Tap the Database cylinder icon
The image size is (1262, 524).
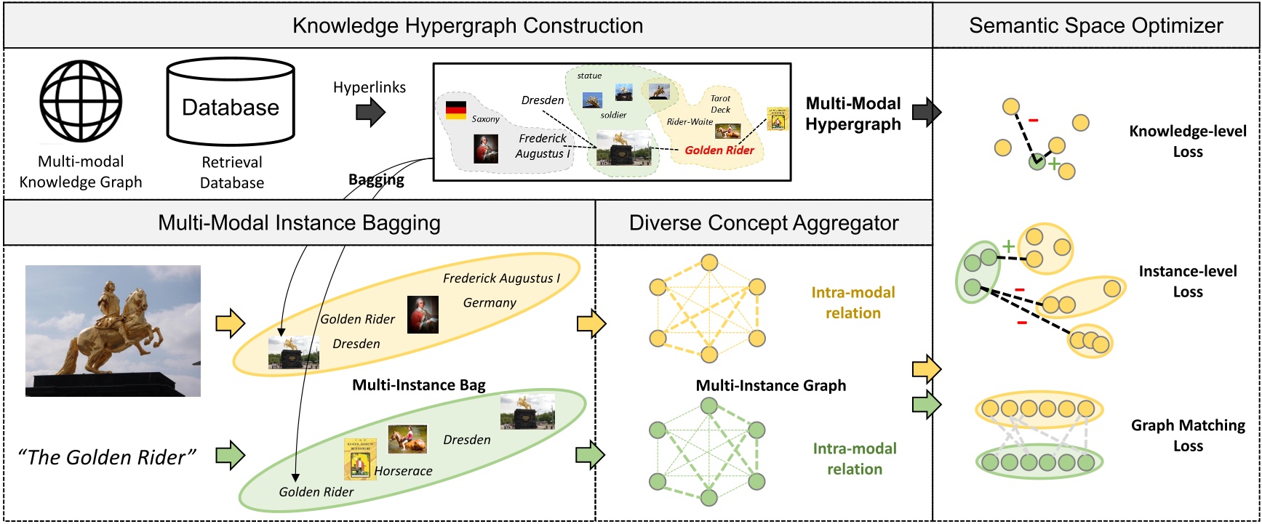[231, 102]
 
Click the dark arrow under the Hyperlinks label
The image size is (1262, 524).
[370, 112]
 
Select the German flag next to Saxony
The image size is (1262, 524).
[456, 110]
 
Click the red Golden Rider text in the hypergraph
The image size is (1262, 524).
[719, 150]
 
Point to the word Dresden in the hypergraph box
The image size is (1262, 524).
[543, 100]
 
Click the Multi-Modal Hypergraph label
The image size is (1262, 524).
[852, 114]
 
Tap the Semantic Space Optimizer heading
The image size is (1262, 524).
[1095, 25]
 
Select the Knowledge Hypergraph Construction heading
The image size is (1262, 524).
[468, 25]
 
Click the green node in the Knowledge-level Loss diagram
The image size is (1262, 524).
[1037, 162]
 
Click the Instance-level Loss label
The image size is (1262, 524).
[1187, 281]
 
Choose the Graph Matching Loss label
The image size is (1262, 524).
[1187, 435]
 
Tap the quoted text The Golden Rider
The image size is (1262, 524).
[108, 457]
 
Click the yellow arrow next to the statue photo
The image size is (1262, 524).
[230, 323]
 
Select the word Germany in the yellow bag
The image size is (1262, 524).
[490, 303]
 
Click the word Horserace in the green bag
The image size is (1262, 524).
[403, 471]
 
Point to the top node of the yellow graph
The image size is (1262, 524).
[709, 262]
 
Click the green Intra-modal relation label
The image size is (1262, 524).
[854, 459]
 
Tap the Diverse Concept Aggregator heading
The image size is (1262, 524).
[763, 223]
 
